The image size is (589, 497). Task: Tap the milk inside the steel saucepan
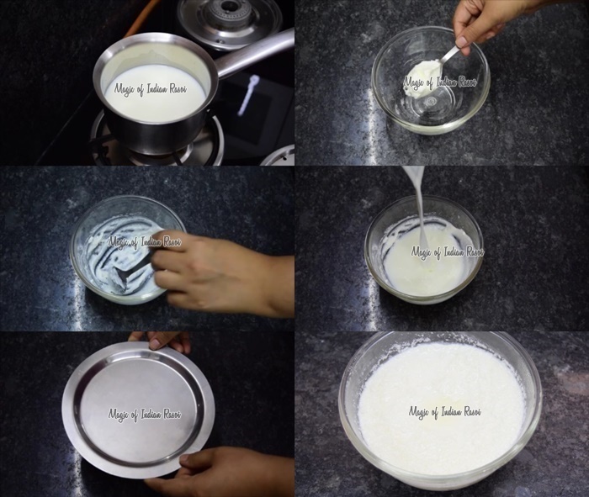click(x=155, y=92)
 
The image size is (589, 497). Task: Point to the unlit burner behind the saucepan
click(x=230, y=22)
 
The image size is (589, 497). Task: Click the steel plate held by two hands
click(x=138, y=410)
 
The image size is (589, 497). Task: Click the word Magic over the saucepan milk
click(x=125, y=89)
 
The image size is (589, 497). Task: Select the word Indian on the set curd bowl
click(x=449, y=411)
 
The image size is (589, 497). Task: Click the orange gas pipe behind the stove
click(x=144, y=16)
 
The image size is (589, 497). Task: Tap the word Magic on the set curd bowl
click(x=419, y=412)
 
